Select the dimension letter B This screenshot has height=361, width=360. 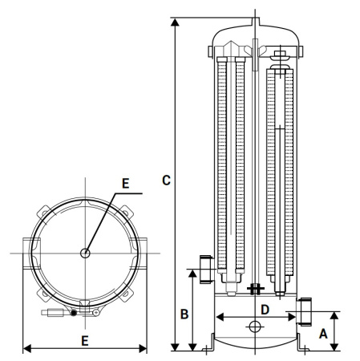tap(183, 314)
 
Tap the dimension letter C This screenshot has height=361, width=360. tap(166, 180)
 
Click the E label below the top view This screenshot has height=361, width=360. tap(85, 340)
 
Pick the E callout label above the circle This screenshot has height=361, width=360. tap(123, 183)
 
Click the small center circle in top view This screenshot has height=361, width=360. tap(86, 254)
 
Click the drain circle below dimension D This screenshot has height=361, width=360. tap(255, 327)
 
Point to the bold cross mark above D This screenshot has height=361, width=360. tap(256, 289)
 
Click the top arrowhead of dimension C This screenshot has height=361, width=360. tap(174, 19)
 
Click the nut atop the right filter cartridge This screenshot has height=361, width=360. tap(281, 56)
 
